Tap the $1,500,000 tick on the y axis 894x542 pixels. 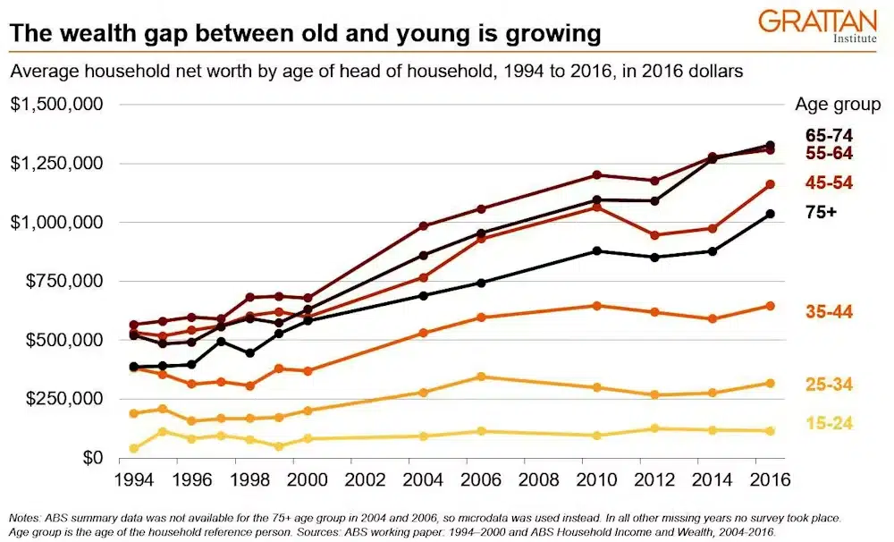(56, 105)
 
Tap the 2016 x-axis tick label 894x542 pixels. (769, 479)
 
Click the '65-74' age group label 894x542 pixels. (828, 136)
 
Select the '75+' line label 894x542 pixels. (821, 213)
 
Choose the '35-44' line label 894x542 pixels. (828, 311)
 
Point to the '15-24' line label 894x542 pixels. (828, 423)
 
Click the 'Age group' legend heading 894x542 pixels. (837, 105)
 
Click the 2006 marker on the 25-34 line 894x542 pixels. (481, 377)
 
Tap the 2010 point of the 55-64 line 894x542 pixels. (596, 174)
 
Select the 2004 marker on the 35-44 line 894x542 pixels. (424, 333)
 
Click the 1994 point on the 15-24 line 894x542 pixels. (134, 448)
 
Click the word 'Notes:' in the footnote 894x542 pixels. (29, 518)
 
